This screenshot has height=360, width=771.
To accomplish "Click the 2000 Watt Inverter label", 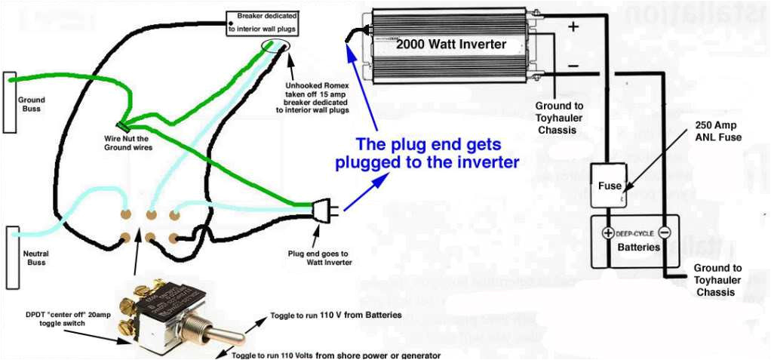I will [451, 45].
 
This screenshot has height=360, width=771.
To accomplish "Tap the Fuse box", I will [610, 186].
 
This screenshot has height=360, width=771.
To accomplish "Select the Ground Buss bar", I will [10, 103].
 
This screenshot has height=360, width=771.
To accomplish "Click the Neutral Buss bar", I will [11, 257].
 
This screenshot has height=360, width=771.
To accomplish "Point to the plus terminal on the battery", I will [608, 232].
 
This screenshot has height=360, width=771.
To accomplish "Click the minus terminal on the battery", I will [665, 232].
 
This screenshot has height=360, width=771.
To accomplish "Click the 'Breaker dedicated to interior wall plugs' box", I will [263, 23].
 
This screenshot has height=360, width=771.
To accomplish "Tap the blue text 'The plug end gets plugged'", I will [427, 153].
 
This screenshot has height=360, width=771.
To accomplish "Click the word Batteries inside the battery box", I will [639, 248].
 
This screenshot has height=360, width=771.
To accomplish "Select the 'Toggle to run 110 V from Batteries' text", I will [336, 315].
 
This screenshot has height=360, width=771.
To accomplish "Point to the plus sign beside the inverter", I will [573, 27].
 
